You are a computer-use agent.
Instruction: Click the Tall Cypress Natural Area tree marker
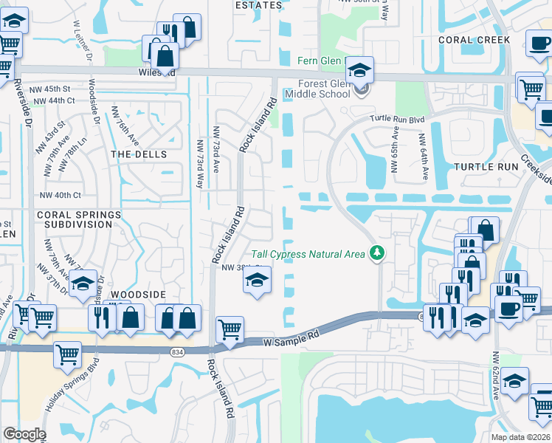[378, 253]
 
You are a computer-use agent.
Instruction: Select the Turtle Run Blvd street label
[398, 119]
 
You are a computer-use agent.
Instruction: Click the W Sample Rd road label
[293, 339]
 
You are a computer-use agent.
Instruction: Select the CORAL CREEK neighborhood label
[474, 40]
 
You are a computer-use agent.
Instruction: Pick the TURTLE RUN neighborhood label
[488, 167]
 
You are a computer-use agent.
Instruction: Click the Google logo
[24, 434]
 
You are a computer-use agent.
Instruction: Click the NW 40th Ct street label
[61, 196]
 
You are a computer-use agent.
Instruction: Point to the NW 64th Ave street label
[424, 157]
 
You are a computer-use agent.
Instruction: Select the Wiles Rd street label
[156, 73]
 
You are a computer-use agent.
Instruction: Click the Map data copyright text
[520, 437]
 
